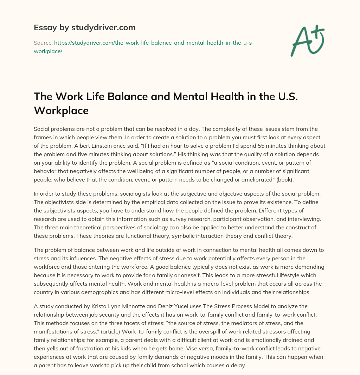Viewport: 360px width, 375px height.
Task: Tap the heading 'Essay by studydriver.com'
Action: (x=85, y=27)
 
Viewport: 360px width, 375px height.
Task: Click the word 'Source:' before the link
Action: (x=43, y=43)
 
